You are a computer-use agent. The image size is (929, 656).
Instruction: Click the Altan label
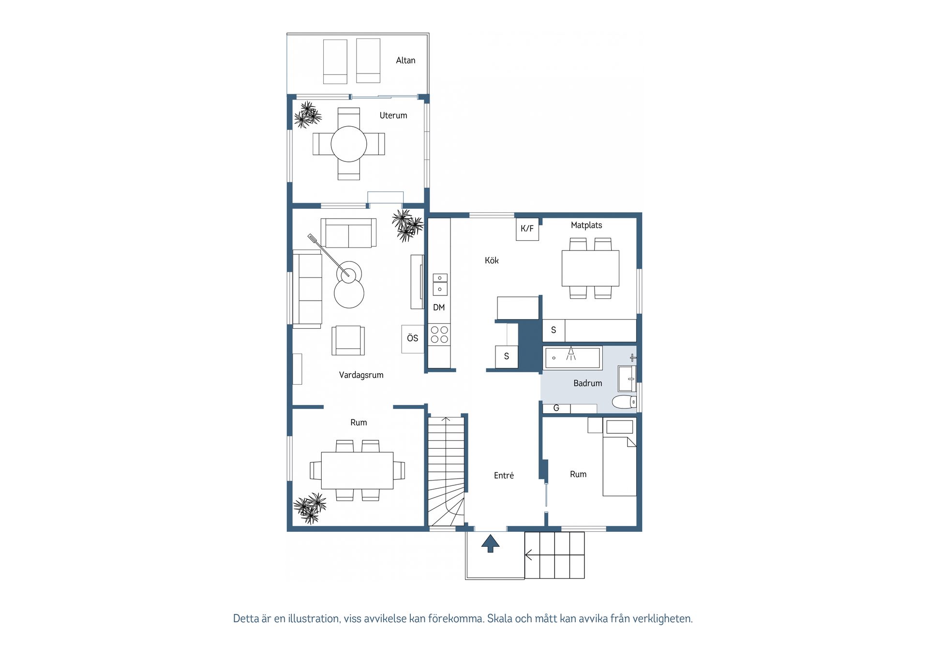pos(405,60)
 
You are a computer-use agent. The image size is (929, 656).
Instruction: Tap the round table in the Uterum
pos(349,144)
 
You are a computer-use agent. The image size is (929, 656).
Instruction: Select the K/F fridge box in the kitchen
pos(527,229)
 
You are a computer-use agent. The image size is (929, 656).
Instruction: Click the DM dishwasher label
pos(439,307)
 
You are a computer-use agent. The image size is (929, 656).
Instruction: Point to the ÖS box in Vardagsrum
pos(413,338)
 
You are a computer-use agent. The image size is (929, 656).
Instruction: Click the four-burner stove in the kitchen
pos(439,335)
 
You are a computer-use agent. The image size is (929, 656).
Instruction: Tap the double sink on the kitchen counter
pos(440,284)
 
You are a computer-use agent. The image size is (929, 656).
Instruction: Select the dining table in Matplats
pos(590,268)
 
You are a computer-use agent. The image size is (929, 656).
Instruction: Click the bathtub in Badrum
pos(572,358)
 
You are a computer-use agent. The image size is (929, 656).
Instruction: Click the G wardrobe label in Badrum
pos(556,408)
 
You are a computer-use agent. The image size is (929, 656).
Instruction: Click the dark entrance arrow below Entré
pos(490,543)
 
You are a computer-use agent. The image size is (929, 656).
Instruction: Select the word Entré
pos(504,476)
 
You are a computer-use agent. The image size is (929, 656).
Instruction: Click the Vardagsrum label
pos(361,375)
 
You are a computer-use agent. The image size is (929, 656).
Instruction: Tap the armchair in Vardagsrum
pos(348,340)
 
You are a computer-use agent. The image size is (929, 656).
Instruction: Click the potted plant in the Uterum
pos(308,115)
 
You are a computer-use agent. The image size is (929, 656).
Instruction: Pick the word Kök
pos(492,261)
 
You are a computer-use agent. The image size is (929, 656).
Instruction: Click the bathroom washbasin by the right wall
pos(627,379)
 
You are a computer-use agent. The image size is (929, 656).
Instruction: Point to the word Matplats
pos(586,225)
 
